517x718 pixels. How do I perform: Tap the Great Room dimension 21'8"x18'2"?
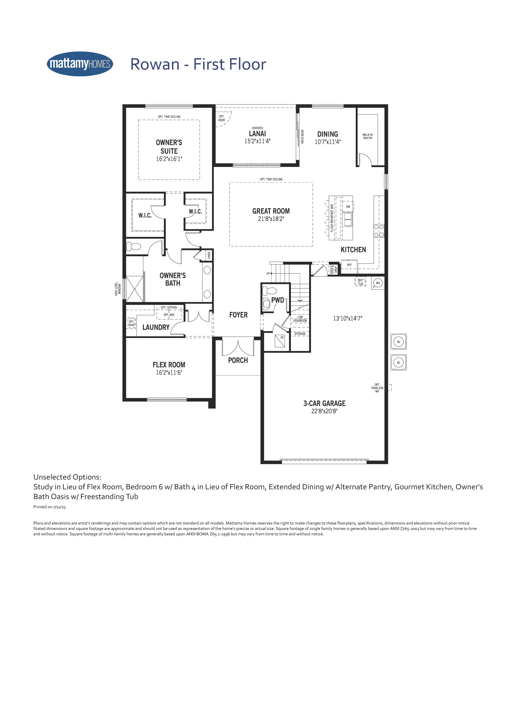pos(271,219)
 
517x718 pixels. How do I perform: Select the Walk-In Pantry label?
pos(368,136)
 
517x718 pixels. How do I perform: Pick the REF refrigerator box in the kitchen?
pos(349,265)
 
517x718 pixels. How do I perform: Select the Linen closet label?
pos(209,256)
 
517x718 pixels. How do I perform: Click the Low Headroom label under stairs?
pos(300,319)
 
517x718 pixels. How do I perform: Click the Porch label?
pos(238,360)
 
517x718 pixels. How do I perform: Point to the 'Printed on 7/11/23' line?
pos(49,507)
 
